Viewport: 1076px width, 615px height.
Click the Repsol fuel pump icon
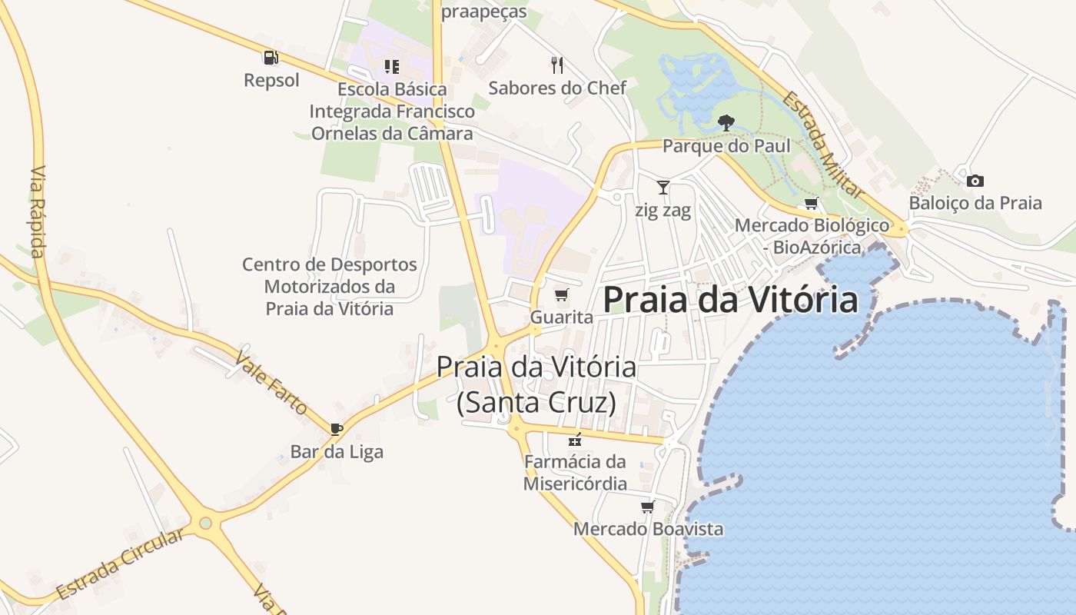point(270,57)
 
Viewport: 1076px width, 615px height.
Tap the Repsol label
point(271,80)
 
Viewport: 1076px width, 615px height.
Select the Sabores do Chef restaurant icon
point(557,65)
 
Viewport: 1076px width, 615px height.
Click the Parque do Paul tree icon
point(725,122)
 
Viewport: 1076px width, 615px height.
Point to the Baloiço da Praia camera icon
point(975,181)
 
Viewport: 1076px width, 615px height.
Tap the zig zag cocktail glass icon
point(663,187)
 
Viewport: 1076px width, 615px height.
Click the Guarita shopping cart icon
point(562,294)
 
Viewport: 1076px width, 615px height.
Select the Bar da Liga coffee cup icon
point(336,428)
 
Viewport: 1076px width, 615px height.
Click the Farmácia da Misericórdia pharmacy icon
point(574,440)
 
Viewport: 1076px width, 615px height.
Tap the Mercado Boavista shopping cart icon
point(647,507)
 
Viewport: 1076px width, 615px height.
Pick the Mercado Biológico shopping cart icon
point(811,203)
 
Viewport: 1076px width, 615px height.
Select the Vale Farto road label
point(271,383)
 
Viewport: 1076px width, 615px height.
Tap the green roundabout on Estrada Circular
point(205,524)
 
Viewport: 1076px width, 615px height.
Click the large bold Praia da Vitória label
point(729,300)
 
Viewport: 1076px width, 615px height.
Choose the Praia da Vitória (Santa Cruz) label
point(536,384)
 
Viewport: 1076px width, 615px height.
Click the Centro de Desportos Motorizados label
point(330,287)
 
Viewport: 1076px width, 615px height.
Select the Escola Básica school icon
point(392,67)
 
